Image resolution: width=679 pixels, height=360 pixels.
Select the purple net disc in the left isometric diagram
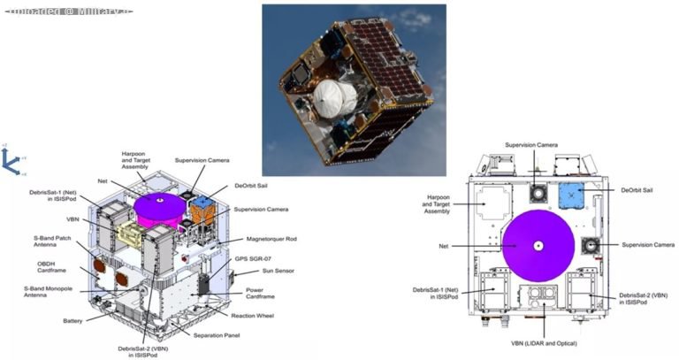(x=160, y=204)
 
